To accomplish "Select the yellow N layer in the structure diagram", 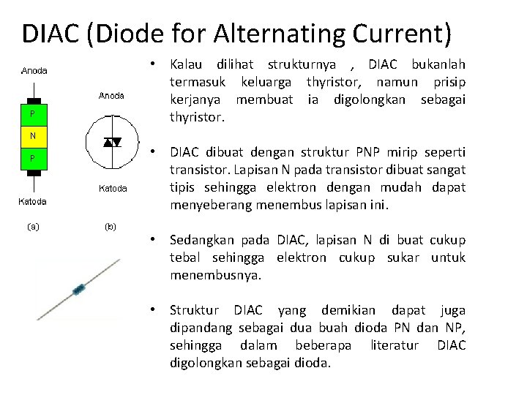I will pos(33,136).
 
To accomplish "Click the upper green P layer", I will pos(33,114).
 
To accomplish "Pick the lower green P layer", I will pos(33,158).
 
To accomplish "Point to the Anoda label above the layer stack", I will pos(34,71).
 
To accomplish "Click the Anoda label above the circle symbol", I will pos(112,96).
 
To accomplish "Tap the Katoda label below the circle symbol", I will pos(112,189).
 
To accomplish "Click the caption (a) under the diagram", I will pos(34,226).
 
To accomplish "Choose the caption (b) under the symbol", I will pos(110,226).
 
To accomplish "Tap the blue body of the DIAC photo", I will pos(78,290).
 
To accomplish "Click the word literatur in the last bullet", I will pos(395,345).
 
